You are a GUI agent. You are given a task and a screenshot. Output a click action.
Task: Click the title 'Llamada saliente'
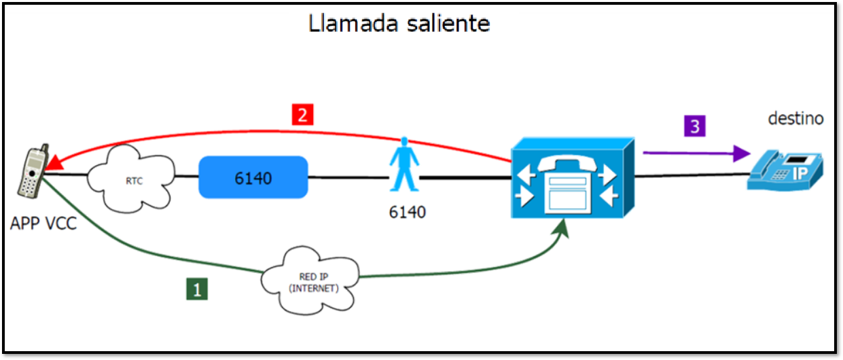tap(399, 23)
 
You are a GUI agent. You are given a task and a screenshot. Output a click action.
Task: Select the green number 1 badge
tap(197, 290)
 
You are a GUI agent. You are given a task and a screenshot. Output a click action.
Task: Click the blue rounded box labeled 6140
tap(253, 178)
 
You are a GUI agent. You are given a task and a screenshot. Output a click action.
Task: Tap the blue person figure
tap(405, 166)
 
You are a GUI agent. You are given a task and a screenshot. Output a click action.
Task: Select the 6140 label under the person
tap(408, 212)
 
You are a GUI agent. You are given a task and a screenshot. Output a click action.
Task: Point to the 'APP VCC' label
tap(43, 223)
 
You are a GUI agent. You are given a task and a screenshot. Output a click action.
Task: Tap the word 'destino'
tap(795, 118)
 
